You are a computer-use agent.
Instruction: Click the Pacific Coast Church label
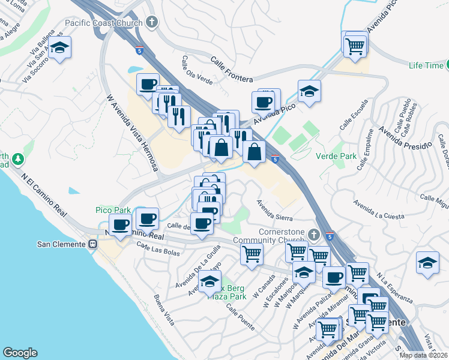click(x=104, y=23)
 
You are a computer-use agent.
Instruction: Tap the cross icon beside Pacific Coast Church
click(x=152, y=23)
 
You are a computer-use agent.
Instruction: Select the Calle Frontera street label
click(x=231, y=69)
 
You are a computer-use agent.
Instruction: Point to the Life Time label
click(x=425, y=65)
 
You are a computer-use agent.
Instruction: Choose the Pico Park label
click(x=113, y=210)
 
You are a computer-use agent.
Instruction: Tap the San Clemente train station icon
click(x=93, y=244)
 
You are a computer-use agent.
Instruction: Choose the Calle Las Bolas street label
click(x=158, y=248)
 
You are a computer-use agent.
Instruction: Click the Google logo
click(x=20, y=353)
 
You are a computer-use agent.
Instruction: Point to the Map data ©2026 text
click(x=424, y=355)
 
